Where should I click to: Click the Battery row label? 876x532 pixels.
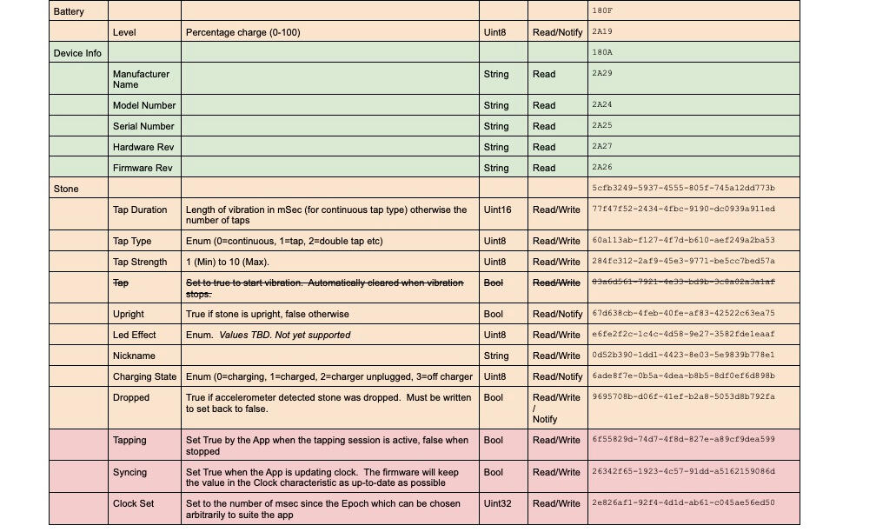coord(70,11)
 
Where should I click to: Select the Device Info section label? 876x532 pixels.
coord(77,53)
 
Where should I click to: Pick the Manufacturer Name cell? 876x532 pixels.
coord(141,79)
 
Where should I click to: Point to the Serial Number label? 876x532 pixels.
coord(143,126)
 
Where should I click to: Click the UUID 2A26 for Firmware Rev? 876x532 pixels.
coord(602,168)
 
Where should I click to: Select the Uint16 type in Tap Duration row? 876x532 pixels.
coord(498,209)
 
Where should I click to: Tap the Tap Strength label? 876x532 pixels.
coord(140,262)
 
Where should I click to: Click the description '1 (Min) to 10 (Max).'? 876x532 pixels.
coord(228,262)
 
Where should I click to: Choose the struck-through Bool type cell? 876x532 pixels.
coord(493,283)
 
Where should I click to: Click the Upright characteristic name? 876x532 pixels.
coord(129,314)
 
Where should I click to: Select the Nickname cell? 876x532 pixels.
coord(134,356)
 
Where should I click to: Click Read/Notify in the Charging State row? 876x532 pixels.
coord(557,376)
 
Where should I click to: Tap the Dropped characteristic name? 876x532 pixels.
coord(131,397)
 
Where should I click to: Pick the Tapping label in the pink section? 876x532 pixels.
coord(130,440)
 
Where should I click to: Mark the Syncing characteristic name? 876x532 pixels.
coord(129,472)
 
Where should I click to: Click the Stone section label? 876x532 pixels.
coord(66,189)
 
